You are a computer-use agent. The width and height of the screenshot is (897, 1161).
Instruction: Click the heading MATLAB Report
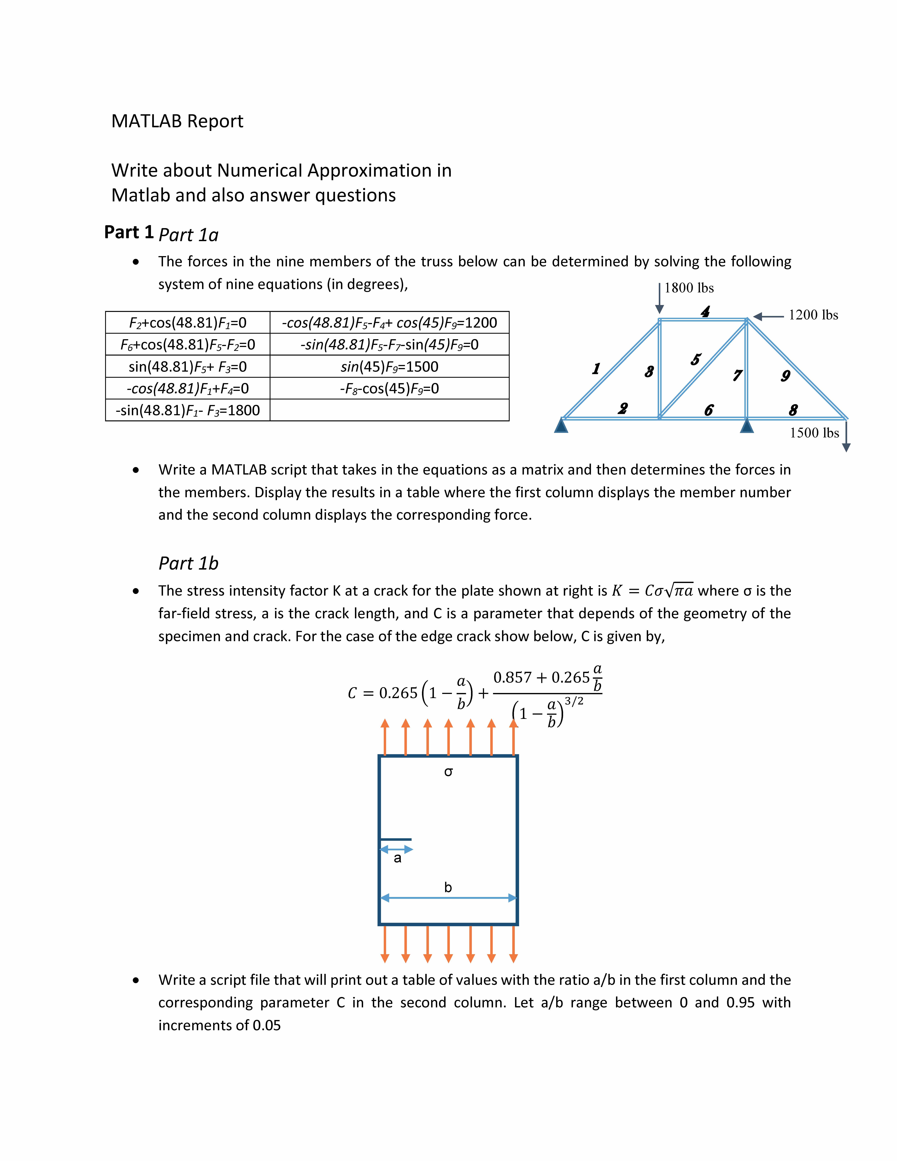177,121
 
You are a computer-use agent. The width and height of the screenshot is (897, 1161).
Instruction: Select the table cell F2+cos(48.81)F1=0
188,323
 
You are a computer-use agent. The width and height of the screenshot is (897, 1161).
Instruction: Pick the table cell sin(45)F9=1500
390,367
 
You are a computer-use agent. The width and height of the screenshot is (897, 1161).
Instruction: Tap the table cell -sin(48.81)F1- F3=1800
188,410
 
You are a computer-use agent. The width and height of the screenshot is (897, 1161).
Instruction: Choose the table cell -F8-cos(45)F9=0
390,389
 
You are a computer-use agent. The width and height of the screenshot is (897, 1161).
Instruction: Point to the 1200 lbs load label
813,315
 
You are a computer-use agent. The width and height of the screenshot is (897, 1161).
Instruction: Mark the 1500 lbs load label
814,433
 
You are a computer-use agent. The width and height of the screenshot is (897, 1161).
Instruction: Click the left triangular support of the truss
561,426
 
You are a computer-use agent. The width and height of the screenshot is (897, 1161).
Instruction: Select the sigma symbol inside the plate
448,772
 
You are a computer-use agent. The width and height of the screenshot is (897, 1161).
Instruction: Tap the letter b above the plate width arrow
448,887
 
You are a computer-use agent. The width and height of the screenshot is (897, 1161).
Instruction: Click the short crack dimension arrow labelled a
396,849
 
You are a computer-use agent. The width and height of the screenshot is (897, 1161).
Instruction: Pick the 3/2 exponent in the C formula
574,702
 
